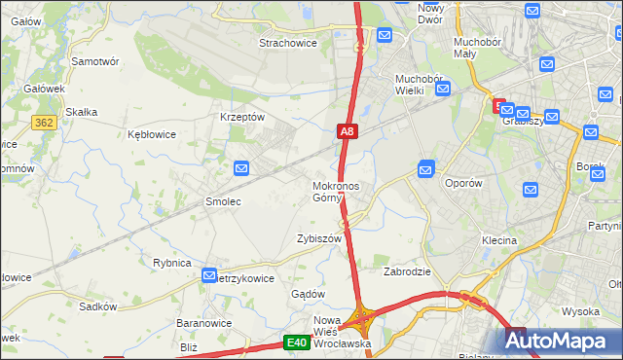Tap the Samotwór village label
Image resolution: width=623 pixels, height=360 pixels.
(95, 60)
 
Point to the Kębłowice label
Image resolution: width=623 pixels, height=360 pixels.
(152, 134)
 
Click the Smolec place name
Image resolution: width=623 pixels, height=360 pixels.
(222, 201)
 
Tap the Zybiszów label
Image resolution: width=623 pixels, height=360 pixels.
(319, 238)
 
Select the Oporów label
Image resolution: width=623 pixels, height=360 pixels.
(463, 183)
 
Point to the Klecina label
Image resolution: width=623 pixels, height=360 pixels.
(498, 239)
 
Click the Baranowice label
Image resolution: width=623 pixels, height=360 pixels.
(202, 322)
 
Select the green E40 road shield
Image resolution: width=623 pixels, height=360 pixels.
(297, 342)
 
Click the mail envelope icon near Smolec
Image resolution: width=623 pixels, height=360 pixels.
(242, 169)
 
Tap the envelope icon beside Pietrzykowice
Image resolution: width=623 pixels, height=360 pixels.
(209, 277)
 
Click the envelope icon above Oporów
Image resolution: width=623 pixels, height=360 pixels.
(425, 169)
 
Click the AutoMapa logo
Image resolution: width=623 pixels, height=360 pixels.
(560, 341)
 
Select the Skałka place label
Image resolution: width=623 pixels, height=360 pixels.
(81, 112)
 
